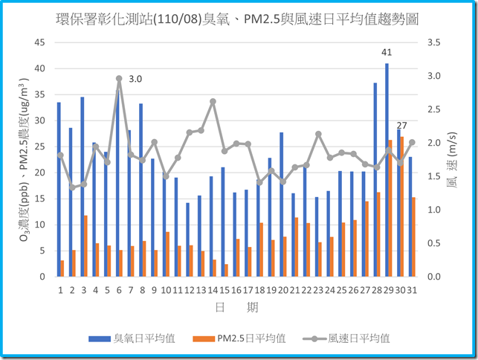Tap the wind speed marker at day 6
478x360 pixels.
119,78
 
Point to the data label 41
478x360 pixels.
387,52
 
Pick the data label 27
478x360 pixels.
401,125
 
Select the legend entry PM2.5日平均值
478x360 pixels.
251,338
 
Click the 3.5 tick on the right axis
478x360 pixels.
434,42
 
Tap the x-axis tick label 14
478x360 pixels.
213,289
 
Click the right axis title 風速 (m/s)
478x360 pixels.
453,160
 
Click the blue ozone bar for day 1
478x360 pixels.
59,189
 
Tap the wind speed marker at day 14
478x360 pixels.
213,102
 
